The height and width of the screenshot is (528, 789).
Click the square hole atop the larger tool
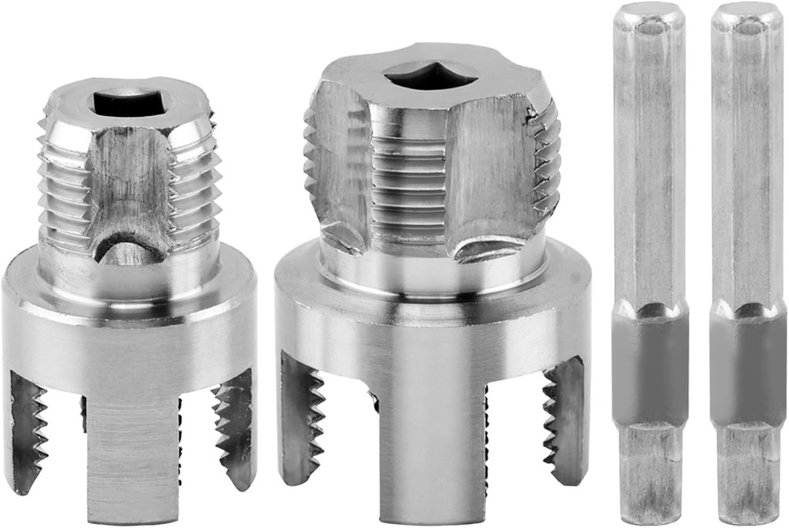tap(430, 76)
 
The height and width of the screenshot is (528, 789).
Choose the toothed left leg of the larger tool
tap(301, 414)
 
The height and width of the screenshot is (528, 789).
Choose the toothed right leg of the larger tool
tap(563, 418)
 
